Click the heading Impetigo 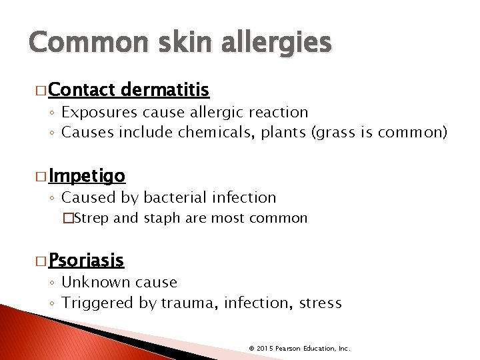(87, 176)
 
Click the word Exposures (98, 112)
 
